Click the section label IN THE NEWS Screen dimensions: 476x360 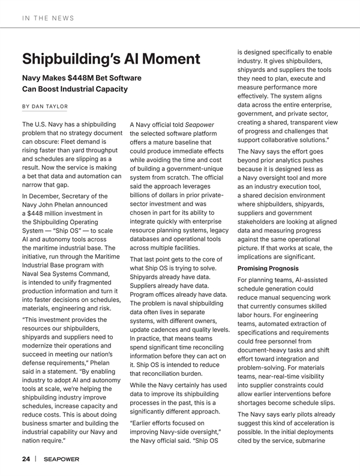click(x=48, y=18)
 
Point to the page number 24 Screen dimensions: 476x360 click(x=26, y=459)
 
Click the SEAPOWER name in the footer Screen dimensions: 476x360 click(x=61, y=460)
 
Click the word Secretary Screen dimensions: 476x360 click(x=89, y=196)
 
